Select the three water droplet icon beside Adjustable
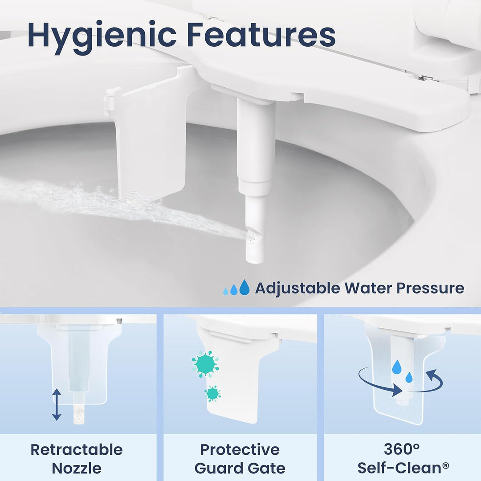pos(236,288)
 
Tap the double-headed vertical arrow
pos(57,404)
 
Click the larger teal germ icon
pos(205,364)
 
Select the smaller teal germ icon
pos(213,393)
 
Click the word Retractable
pos(77,449)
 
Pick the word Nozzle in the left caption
pos(77,468)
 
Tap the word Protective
pos(240,449)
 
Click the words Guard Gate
pos(240,468)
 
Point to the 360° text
pos(401,449)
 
